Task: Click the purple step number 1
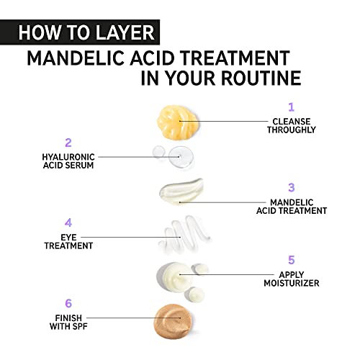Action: pos(292,107)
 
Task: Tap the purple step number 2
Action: pos(68,143)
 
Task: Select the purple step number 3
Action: pos(292,187)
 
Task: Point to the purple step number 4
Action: pos(68,223)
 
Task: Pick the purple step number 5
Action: pos(292,260)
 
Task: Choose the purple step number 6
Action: pos(68,303)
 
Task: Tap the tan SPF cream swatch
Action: pos(173,321)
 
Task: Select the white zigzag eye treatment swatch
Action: pos(184,234)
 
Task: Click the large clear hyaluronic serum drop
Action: pos(181,156)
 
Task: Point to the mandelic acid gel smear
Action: pos(181,192)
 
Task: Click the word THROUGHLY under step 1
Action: pos(292,130)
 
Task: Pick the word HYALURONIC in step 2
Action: pos(68,157)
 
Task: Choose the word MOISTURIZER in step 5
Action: pos(292,283)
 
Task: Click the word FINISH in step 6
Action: pos(68,318)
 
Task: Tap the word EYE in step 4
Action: pos(68,238)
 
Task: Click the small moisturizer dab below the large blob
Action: pos(194,294)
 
